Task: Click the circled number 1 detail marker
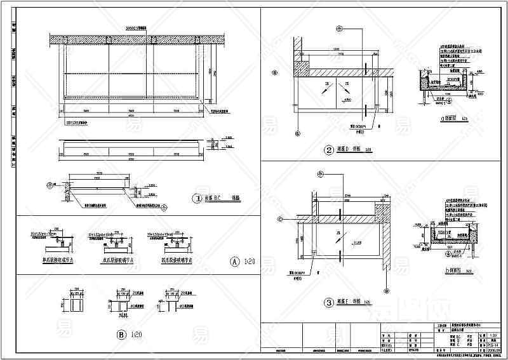[197, 198]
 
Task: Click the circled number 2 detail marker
[328, 150]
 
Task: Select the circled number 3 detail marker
[328, 303]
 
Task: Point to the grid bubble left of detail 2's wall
[274, 72]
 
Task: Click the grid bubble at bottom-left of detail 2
[297, 134]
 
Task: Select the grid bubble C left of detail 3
[279, 220]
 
